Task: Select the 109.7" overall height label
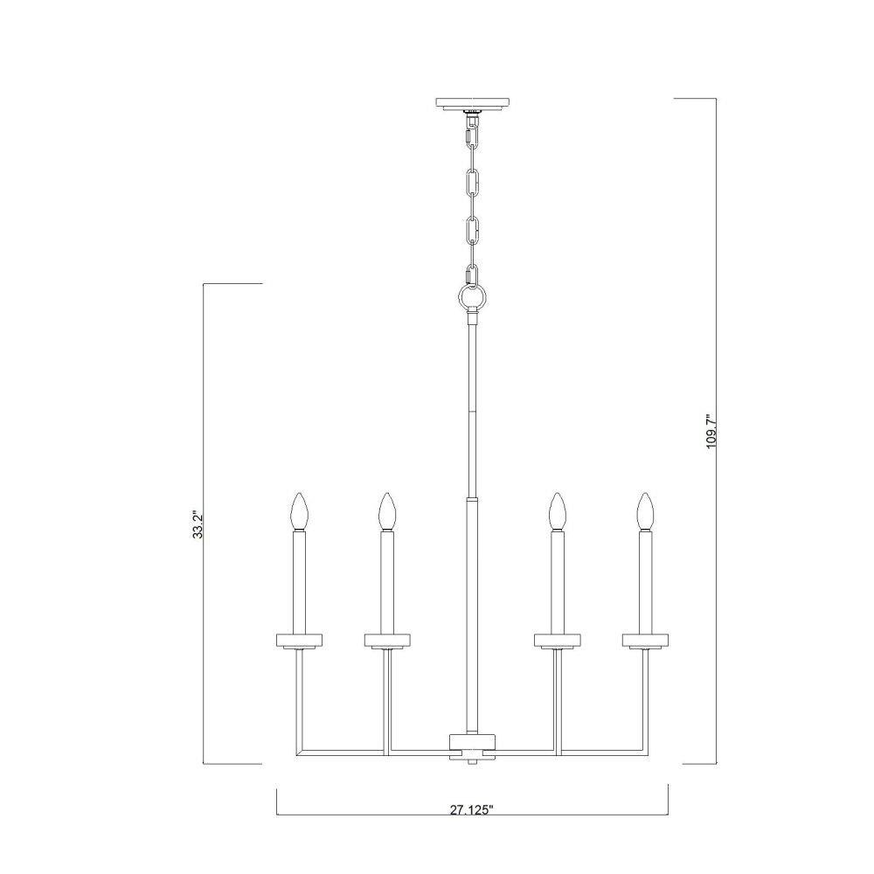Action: tap(711, 432)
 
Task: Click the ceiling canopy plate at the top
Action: tap(473, 104)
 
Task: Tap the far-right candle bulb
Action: tap(646, 510)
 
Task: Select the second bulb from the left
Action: tap(387, 510)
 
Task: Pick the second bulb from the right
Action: tap(556, 510)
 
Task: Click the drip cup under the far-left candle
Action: tap(300, 641)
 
